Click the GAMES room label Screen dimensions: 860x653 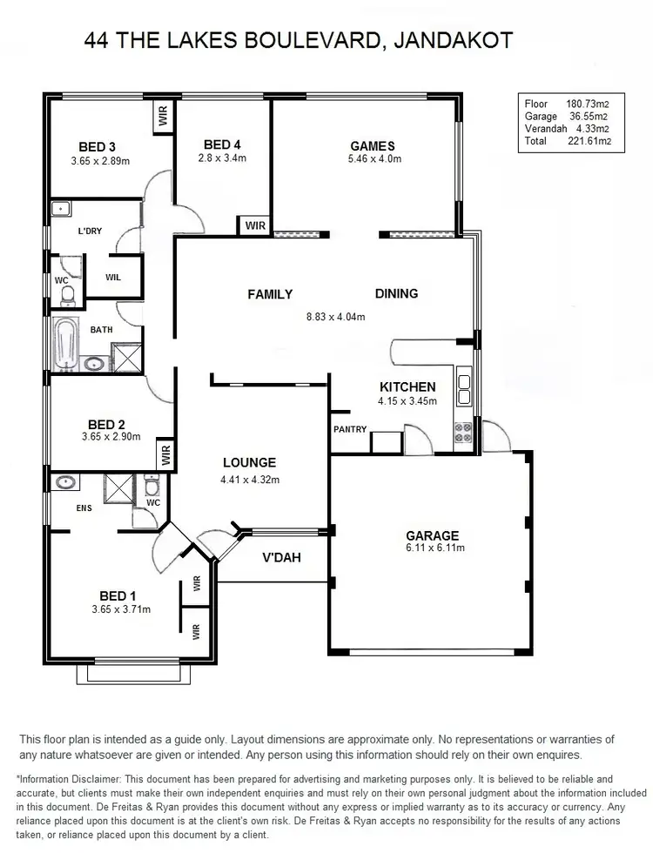coord(372,146)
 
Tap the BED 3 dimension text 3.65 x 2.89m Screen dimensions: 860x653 coord(100,161)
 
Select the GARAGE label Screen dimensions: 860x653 coord(433,535)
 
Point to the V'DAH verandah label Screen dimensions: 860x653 coord(280,557)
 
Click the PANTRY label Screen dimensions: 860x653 coord(350,429)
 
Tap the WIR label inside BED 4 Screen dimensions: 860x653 coord(255,225)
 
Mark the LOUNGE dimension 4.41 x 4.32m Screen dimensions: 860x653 coord(249,479)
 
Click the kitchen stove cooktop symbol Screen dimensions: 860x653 coord(463,428)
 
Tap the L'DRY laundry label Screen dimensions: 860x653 coord(91,231)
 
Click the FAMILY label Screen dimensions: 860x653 coord(270,294)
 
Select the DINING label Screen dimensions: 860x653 coord(396,293)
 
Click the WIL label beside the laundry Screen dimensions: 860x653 coord(113,278)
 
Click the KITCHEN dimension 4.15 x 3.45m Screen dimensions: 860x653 coord(407,401)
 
